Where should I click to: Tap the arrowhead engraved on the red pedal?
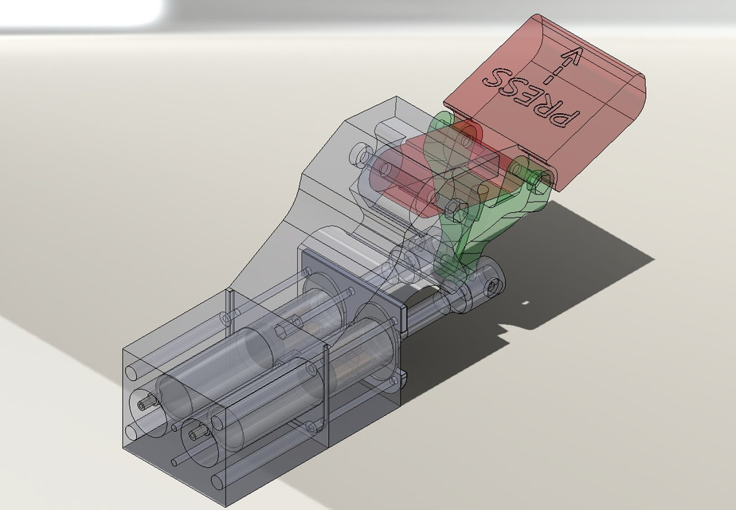(570, 57)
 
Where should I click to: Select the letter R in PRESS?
(542, 106)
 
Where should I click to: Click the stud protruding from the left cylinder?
(143, 404)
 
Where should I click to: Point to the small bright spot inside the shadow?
(526, 302)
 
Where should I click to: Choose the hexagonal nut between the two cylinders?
(284, 329)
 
